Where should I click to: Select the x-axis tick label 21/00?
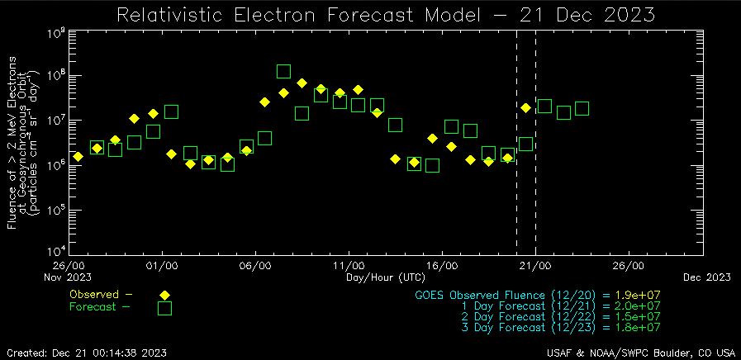[x=535, y=267]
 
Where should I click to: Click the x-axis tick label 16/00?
[x=442, y=267]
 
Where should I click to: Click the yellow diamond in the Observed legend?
[x=164, y=295]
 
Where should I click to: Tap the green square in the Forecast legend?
[x=164, y=308]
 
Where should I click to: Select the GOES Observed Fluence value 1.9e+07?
[x=637, y=295]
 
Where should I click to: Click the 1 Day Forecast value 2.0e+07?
[x=637, y=306]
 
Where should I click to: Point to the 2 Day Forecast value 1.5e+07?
[x=637, y=316]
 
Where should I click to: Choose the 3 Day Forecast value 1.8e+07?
[x=637, y=327]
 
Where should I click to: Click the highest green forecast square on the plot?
[x=283, y=72]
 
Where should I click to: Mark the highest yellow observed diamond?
[x=302, y=83]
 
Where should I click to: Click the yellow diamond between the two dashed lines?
[x=525, y=108]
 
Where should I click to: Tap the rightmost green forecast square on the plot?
[x=582, y=108]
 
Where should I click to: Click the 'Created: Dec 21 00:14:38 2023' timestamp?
[x=86, y=353]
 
